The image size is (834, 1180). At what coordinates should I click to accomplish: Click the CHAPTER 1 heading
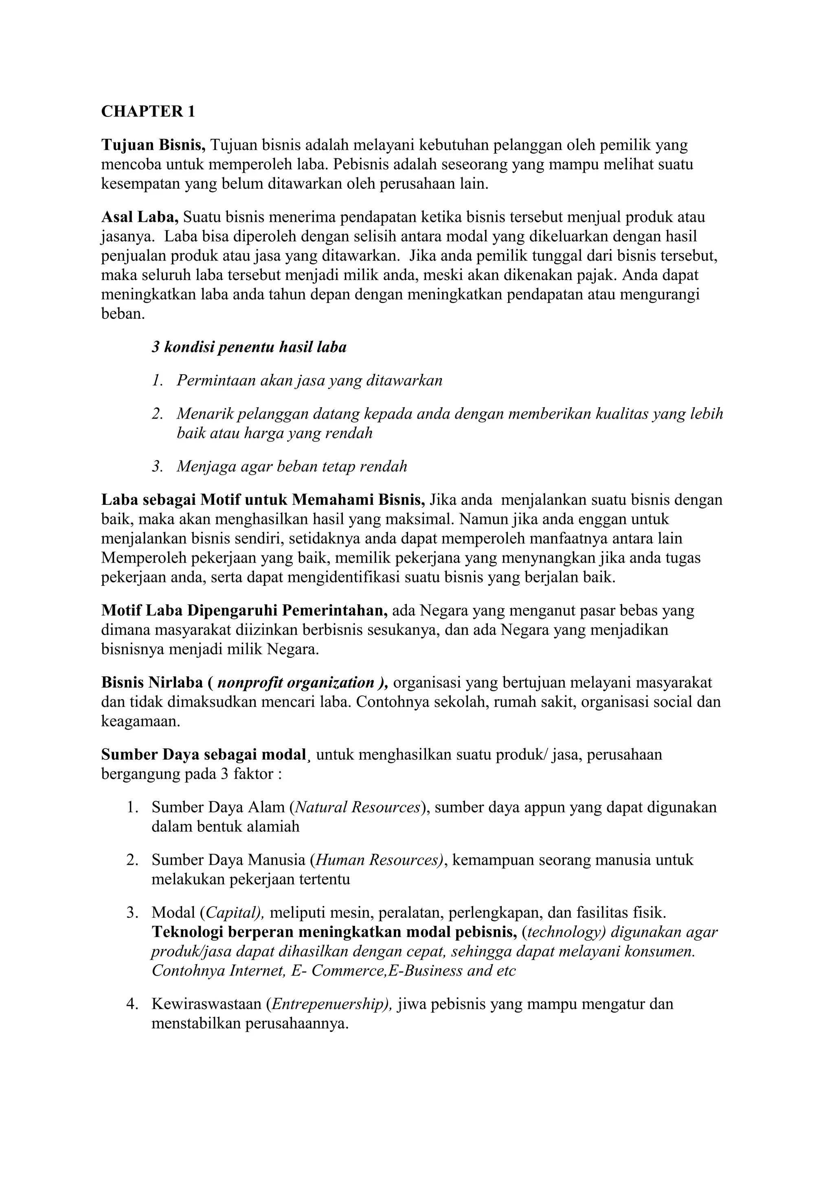click(x=148, y=112)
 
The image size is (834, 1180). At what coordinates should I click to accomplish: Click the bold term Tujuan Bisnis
click(x=153, y=145)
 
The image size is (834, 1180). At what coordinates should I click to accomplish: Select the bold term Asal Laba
click(x=139, y=217)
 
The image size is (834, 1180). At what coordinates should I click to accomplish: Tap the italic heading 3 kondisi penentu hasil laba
click(x=249, y=347)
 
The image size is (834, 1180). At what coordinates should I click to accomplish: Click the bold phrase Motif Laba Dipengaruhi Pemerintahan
click(x=244, y=610)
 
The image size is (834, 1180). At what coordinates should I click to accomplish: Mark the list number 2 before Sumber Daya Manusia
click(x=132, y=860)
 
